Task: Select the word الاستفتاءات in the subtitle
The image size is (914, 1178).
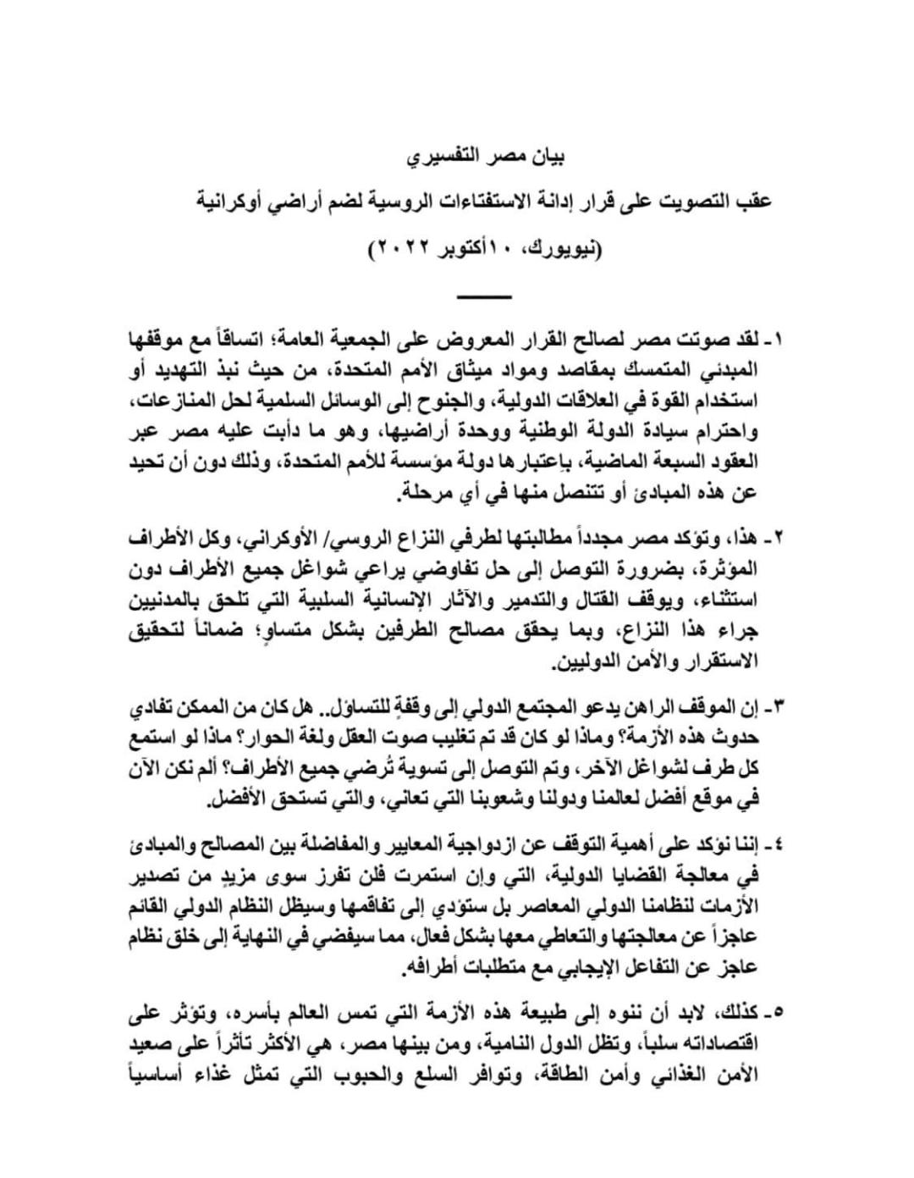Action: pyautogui.click(x=498, y=204)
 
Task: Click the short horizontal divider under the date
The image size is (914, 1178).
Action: pyautogui.click(x=484, y=296)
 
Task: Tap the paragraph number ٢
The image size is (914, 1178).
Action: pyautogui.click(x=779, y=539)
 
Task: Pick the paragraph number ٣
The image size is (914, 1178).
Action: pyautogui.click(x=779, y=705)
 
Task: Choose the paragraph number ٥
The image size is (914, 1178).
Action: pyautogui.click(x=779, y=1013)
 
